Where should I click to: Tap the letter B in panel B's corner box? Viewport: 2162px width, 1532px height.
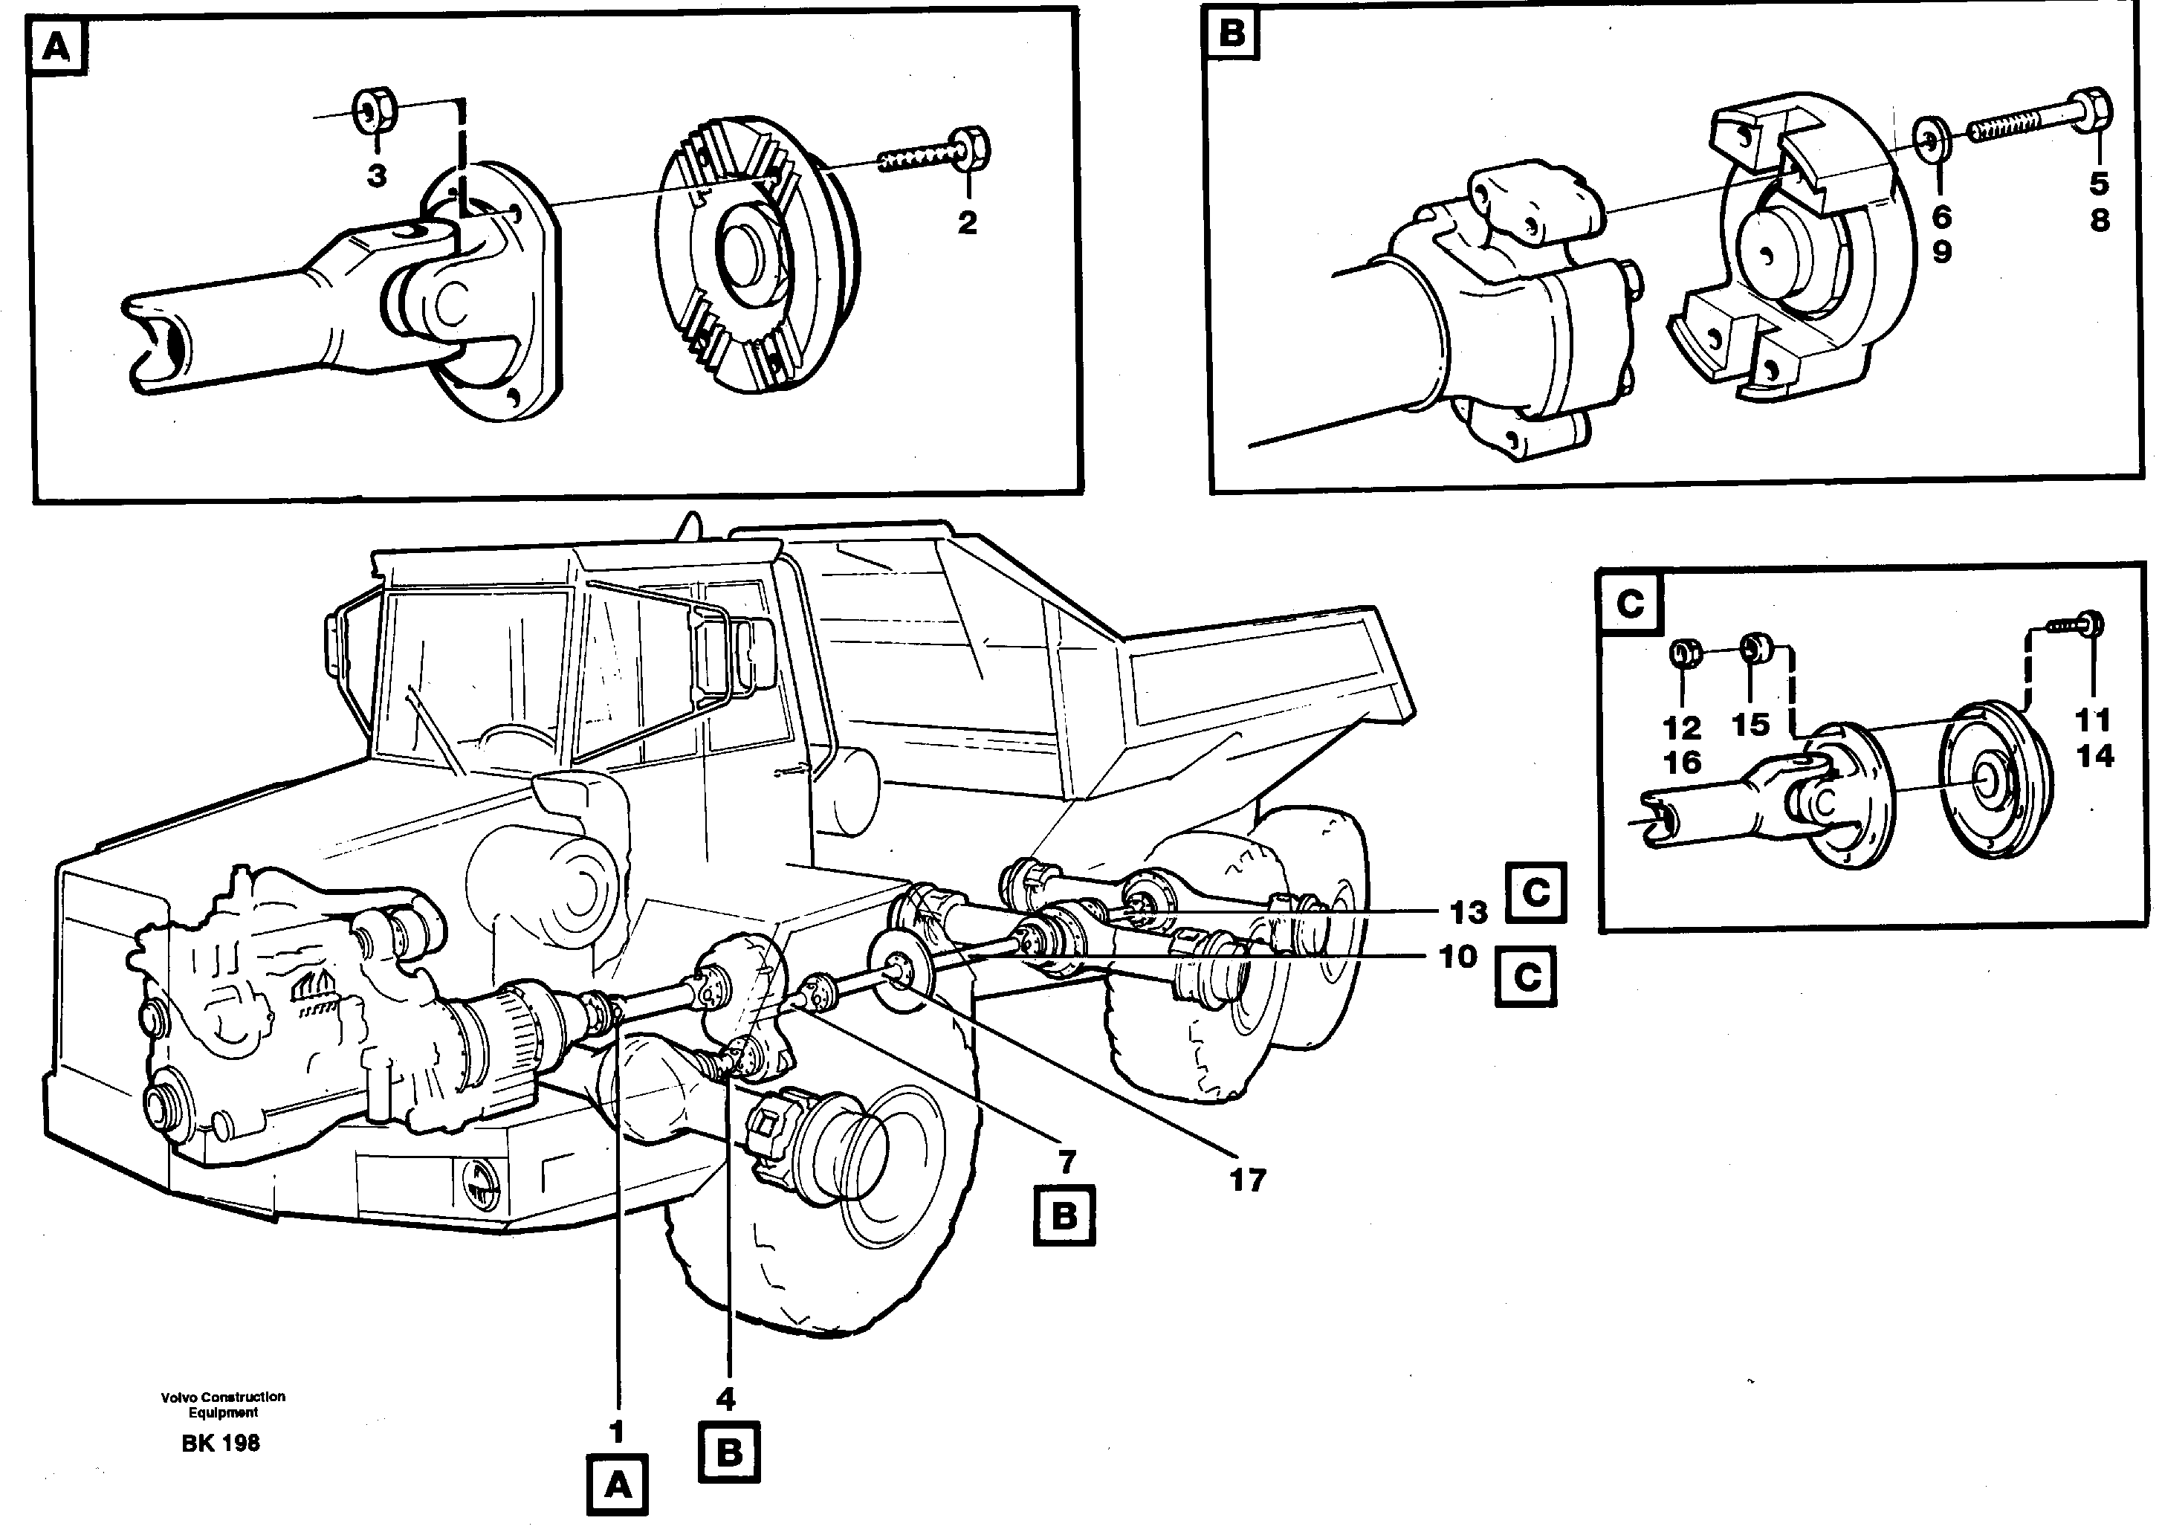(1232, 34)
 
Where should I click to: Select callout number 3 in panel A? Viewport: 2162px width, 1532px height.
(376, 175)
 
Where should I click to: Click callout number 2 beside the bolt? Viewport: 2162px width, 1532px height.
(967, 223)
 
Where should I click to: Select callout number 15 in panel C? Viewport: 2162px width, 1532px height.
(1751, 725)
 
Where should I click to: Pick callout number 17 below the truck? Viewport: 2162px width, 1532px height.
(1247, 1179)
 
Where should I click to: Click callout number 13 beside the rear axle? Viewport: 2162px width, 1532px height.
(1469, 911)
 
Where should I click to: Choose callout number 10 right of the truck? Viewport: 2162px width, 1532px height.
(1457, 957)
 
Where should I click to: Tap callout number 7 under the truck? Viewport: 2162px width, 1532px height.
(1066, 1161)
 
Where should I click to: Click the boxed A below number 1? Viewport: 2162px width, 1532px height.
(617, 1487)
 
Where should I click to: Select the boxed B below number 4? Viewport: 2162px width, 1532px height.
(729, 1452)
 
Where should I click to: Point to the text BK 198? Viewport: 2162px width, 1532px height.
(221, 1444)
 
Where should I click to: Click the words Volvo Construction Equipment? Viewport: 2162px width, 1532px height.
(223, 1403)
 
